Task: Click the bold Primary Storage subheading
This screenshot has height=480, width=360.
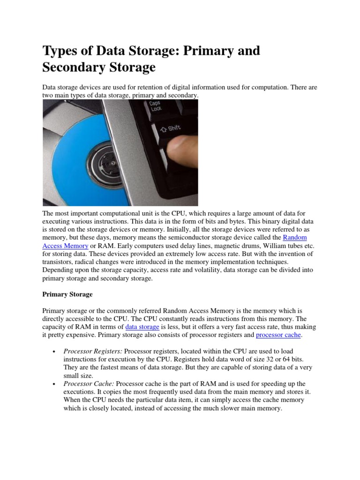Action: (67, 294)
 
